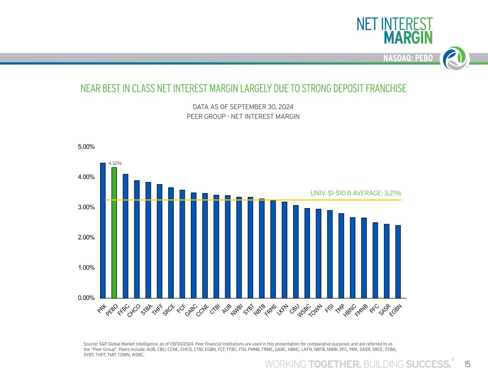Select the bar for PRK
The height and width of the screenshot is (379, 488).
click(103, 231)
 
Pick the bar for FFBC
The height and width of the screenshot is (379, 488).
click(125, 236)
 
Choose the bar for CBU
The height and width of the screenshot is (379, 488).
click(296, 252)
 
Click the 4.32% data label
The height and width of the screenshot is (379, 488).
click(115, 163)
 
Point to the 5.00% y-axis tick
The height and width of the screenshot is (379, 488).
click(87, 147)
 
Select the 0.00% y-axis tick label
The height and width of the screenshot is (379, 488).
click(87, 298)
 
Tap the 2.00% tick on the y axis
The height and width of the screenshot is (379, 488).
click(87, 237)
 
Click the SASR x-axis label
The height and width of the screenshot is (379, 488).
click(384, 309)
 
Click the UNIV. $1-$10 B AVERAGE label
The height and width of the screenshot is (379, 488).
click(356, 193)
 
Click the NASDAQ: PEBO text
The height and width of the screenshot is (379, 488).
click(408, 58)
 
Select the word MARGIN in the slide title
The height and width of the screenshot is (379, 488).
click(408, 37)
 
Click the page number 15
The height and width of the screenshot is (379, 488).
click(467, 364)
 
